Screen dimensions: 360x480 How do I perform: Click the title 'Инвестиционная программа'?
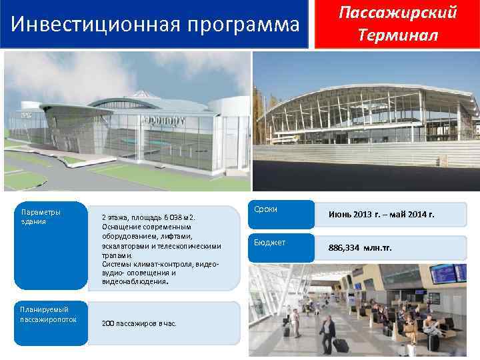point(155,25)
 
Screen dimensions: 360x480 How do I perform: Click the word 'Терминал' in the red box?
point(397,35)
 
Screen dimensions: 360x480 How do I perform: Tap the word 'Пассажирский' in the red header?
point(397,13)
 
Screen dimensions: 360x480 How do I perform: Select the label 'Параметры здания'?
point(41,217)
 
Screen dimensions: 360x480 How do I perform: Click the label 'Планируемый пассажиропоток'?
point(44,314)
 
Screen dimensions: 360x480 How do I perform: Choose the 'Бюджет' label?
point(270,243)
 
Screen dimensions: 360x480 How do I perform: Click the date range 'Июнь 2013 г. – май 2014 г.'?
point(381,215)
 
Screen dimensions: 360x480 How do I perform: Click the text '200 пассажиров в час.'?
point(139,323)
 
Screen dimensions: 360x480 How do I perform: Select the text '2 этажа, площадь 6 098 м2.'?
point(147,217)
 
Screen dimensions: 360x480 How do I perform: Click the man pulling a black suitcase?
point(328,331)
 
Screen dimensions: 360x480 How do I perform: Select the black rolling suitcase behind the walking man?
point(341,346)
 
